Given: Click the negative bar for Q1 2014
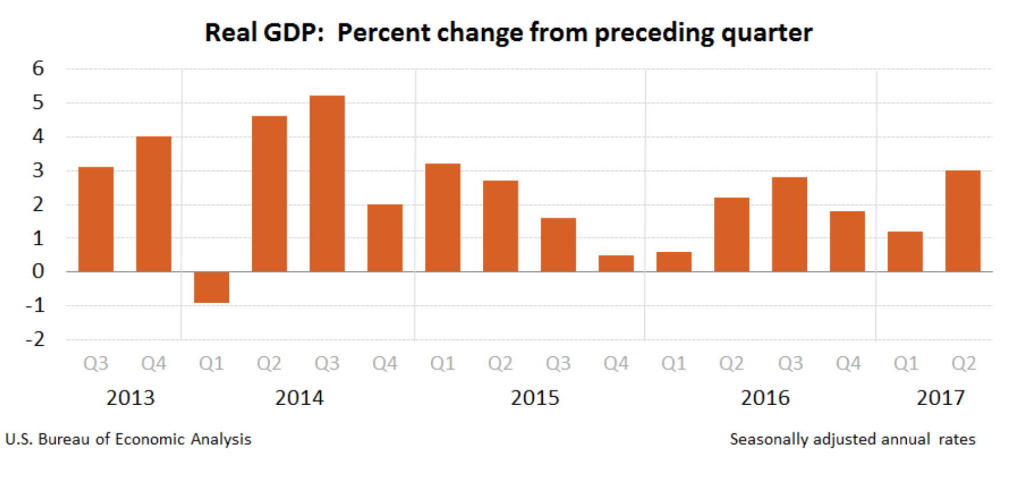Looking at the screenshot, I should point(211,287).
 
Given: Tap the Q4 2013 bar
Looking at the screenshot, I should point(154,204).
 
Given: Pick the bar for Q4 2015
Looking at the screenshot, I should point(616,263).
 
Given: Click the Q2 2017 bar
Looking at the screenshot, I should point(963,221).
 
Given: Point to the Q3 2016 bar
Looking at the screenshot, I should point(789,224).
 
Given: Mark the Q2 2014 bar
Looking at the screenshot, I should point(269,194).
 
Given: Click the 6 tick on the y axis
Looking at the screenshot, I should point(38,68).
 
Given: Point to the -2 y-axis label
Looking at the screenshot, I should point(35,339).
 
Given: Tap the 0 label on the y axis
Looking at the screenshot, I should point(38,271).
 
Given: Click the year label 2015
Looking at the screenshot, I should point(535,398).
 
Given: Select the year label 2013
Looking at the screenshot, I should point(130,398).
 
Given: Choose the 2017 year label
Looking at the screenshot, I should point(940,398).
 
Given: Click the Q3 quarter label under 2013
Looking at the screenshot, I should point(96,364).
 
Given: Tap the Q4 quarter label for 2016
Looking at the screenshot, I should point(848,364).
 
